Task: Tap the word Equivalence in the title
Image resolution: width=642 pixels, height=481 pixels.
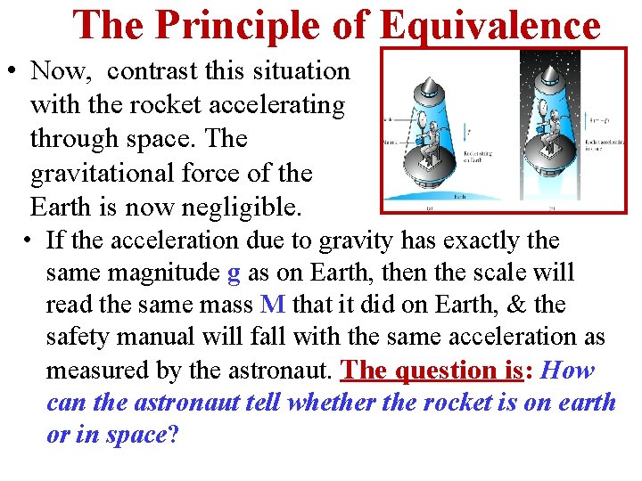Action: tap(490, 25)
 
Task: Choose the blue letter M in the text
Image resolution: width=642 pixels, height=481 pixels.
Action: tap(273, 305)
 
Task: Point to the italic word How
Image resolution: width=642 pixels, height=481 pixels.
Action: tap(567, 370)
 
